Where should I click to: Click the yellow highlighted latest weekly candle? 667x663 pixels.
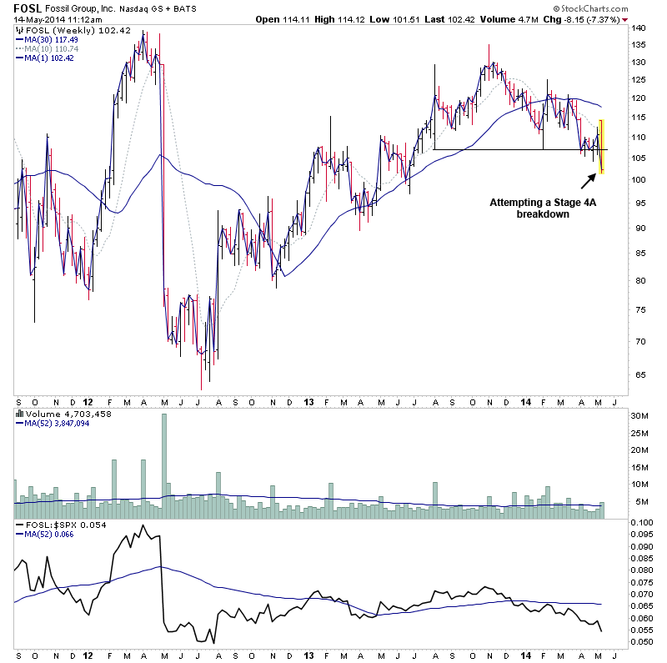(x=601, y=147)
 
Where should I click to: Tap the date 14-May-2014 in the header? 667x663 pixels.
(x=34, y=19)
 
